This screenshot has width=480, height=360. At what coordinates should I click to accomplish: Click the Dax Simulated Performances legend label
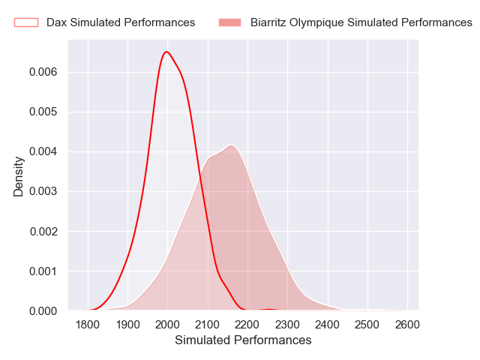point(121,22)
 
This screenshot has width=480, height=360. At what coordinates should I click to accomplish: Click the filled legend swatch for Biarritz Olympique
point(229,22)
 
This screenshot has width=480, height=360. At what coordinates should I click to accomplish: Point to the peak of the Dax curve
point(166,52)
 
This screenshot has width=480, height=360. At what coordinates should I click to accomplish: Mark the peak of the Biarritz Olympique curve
point(232,145)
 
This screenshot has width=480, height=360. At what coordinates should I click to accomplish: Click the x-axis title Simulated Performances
point(243,340)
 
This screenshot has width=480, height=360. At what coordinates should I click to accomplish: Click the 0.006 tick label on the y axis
point(44,72)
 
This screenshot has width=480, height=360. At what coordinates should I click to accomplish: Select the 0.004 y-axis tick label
point(44,151)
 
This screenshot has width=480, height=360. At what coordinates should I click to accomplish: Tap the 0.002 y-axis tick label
point(44,231)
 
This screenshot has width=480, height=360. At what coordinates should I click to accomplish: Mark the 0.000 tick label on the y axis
point(44,310)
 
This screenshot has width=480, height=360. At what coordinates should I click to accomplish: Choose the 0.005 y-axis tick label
point(44,112)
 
